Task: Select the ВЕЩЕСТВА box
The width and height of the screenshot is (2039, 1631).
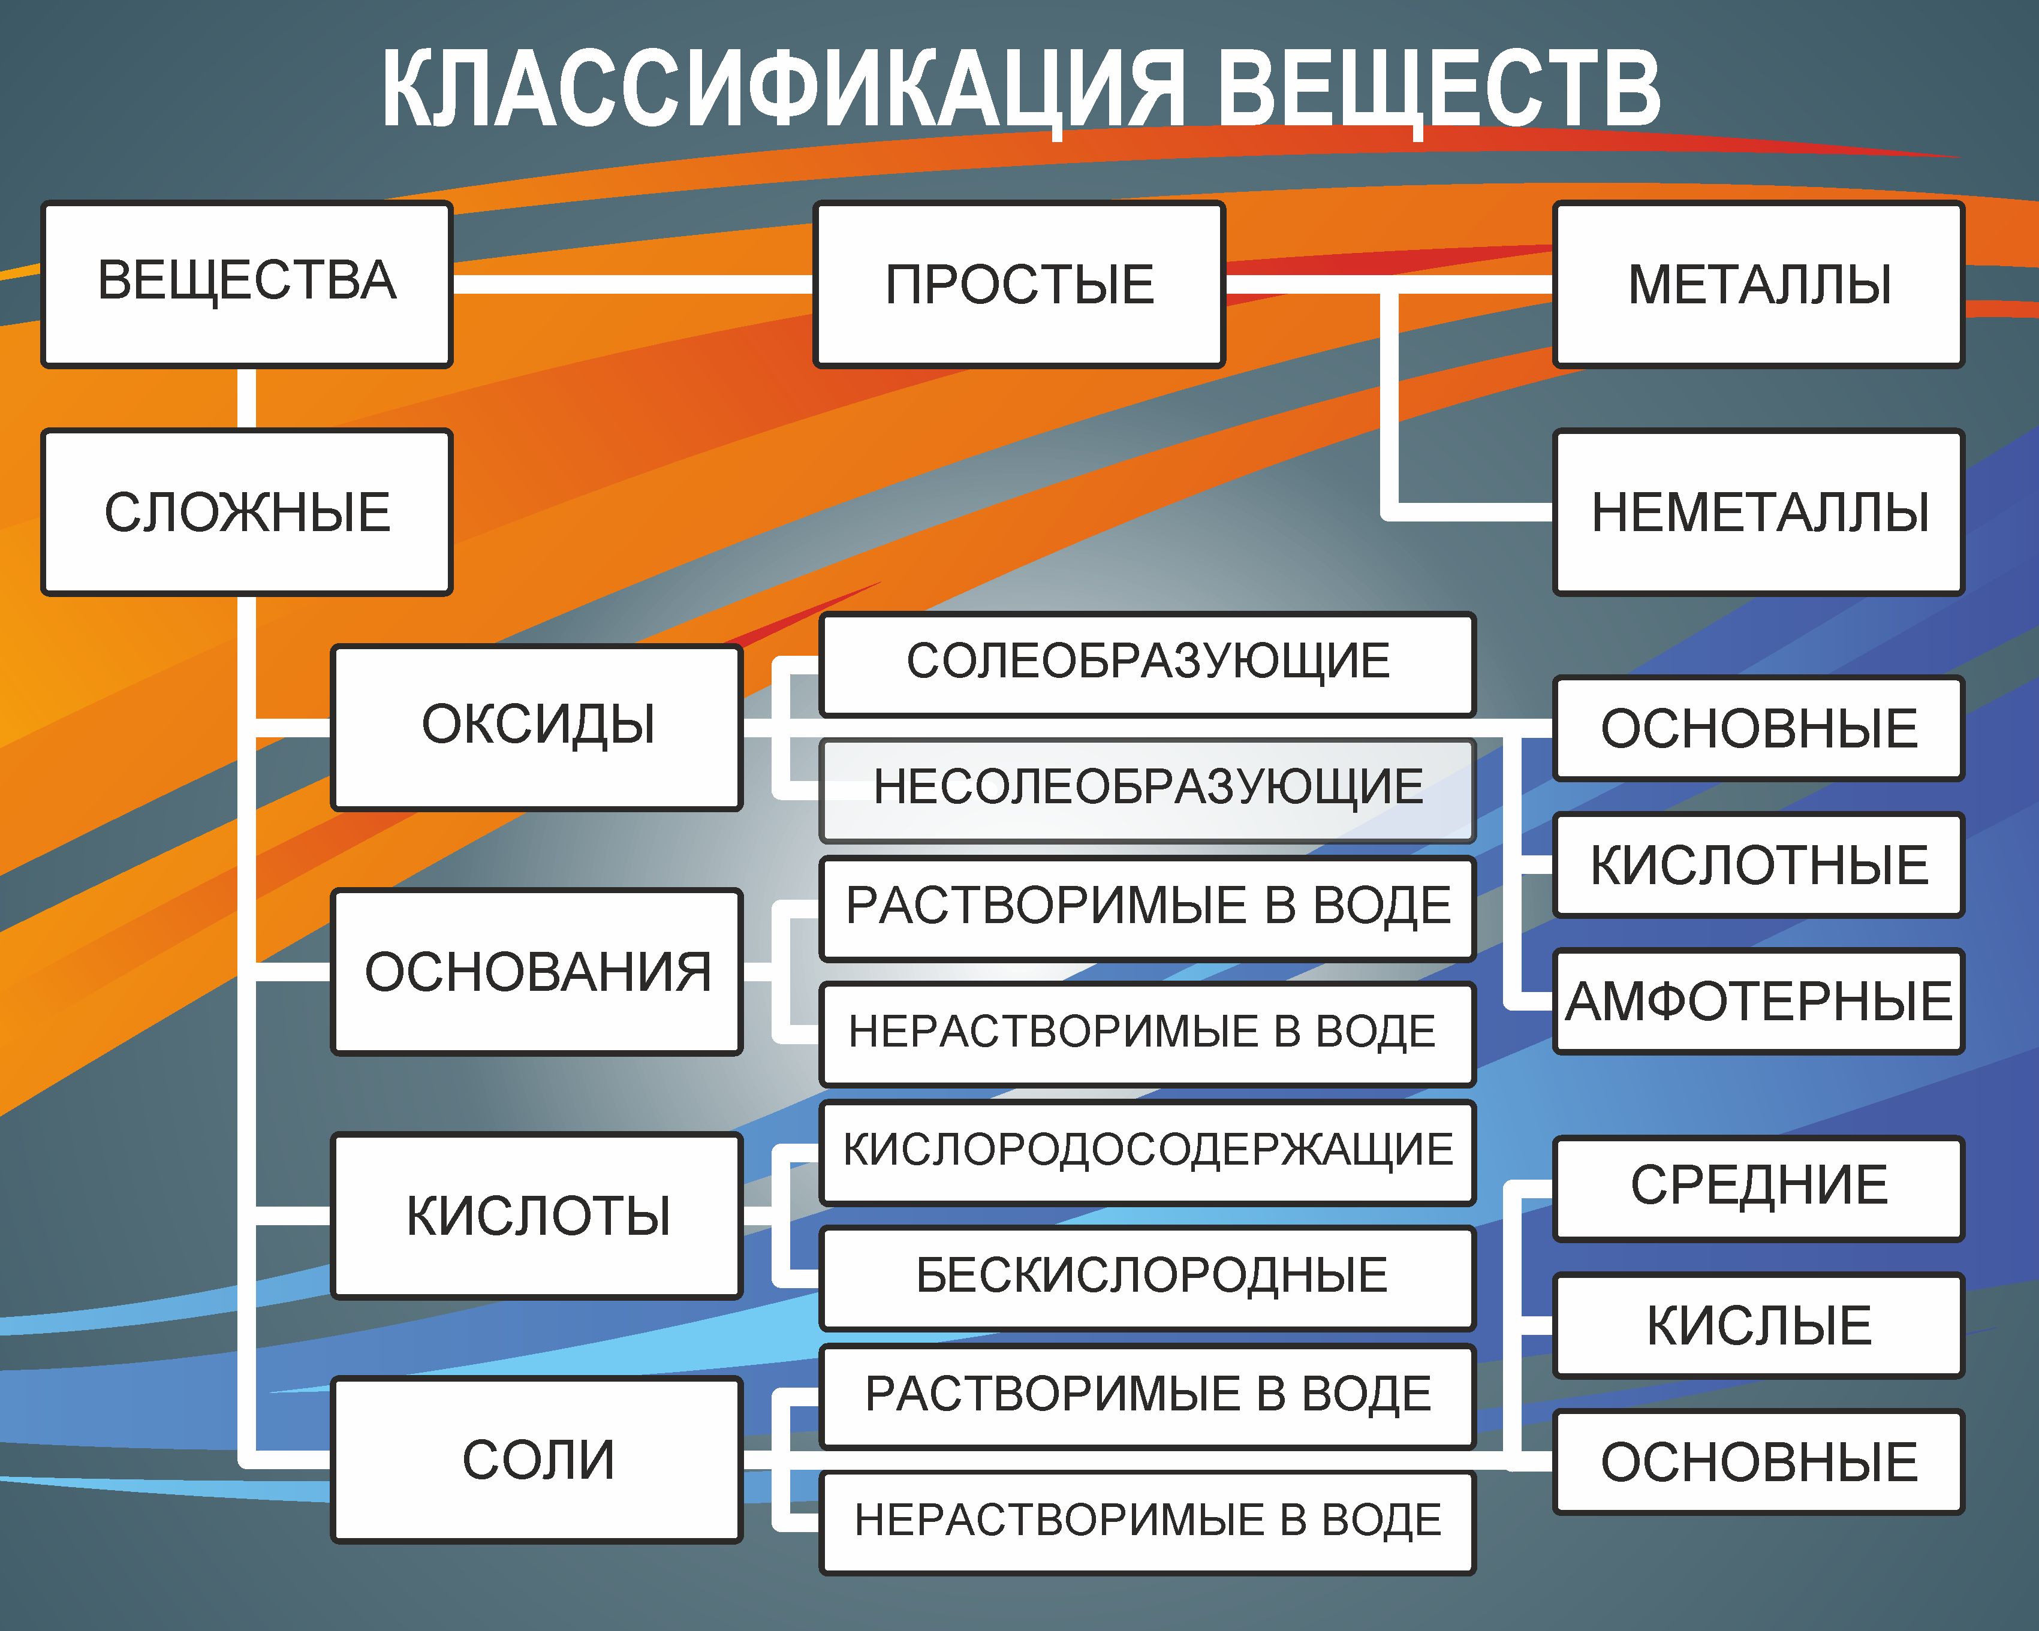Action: (247, 284)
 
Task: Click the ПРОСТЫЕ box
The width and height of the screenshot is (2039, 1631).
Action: (1019, 284)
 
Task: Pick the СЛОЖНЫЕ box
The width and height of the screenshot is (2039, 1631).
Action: (247, 512)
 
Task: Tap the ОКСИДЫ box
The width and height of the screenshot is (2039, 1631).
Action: (536, 726)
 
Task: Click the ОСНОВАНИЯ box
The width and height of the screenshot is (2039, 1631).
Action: (536, 971)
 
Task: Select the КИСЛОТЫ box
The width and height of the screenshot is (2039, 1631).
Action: (536, 1215)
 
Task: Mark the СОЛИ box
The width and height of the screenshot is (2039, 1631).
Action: (536, 1459)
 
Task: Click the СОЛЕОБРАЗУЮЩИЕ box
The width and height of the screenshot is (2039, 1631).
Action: (1147, 662)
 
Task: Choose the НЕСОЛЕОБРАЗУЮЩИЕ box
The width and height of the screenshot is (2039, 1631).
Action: (1147, 789)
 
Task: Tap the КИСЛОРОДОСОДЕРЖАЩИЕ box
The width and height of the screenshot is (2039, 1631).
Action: (1147, 1151)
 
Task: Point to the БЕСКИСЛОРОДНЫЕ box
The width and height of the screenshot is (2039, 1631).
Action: (1147, 1276)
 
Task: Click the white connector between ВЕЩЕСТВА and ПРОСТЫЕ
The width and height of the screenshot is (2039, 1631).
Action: (632, 284)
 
